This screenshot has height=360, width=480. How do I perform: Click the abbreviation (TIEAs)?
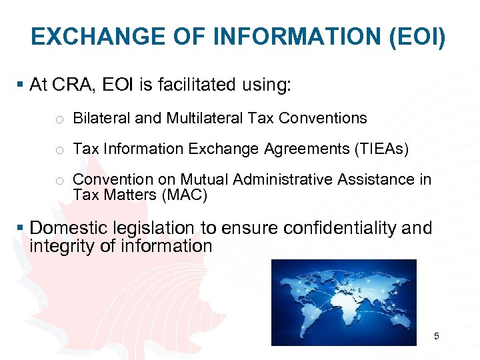coord(382,149)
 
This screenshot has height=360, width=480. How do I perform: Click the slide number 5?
coord(437,337)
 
